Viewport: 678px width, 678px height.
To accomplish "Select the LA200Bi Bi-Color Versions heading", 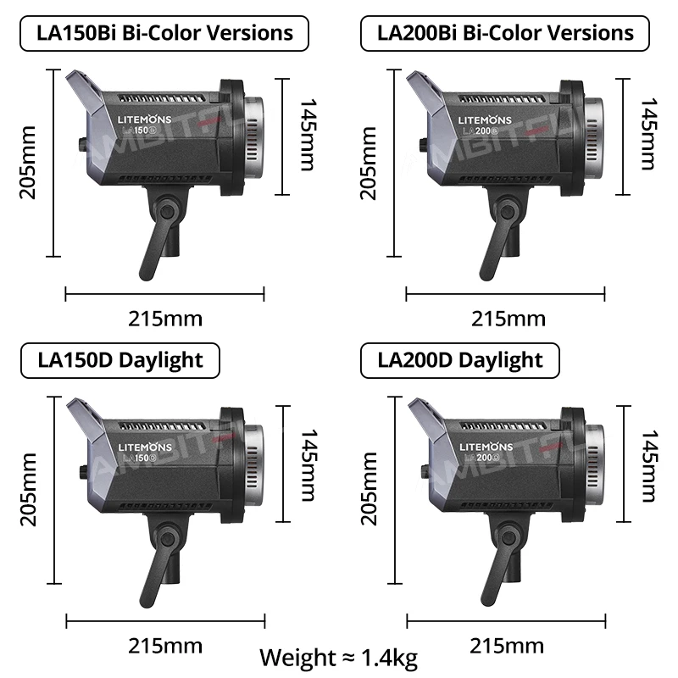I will click(x=505, y=33).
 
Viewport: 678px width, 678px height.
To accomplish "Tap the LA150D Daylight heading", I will click(x=120, y=359).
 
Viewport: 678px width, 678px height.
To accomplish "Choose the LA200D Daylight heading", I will click(x=460, y=359).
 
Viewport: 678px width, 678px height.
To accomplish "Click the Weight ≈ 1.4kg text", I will click(x=338, y=657).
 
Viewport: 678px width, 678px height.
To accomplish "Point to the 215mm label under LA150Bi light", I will click(x=165, y=319).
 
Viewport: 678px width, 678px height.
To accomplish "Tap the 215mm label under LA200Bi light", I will click(x=508, y=319).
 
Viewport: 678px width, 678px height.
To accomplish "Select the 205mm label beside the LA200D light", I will click(x=369, y=488).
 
